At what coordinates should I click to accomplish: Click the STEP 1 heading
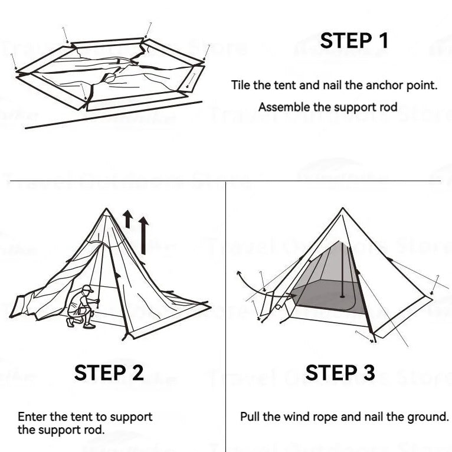355,41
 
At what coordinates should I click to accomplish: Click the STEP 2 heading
109,373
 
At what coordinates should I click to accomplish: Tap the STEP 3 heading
340,373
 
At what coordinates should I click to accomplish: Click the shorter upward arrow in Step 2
127,219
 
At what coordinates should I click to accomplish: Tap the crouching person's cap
87,289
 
